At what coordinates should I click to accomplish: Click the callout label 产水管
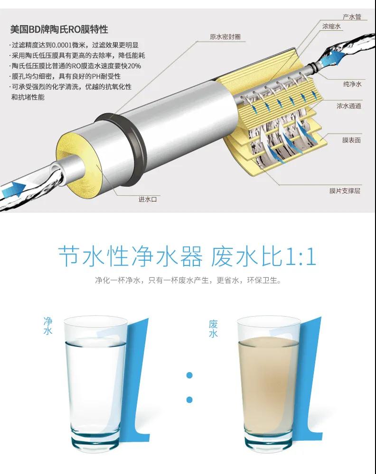point(352,17)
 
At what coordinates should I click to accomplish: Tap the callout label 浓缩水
point(331,26)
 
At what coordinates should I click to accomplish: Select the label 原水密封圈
point(225,36)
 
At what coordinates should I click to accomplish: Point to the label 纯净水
point(352,84)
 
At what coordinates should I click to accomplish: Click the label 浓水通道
point(349,106)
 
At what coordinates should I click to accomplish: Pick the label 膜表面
point(351,140)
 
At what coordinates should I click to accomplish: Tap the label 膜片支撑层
point(345,191)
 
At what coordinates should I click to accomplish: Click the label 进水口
point(148,199)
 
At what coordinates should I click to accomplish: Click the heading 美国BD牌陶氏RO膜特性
point(59,29)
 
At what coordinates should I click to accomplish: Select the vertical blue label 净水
point(48,326)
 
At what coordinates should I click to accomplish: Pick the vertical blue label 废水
point(213,328)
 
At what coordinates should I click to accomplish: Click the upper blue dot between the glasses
point(189,375)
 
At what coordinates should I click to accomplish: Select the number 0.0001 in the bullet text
point(61,46)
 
